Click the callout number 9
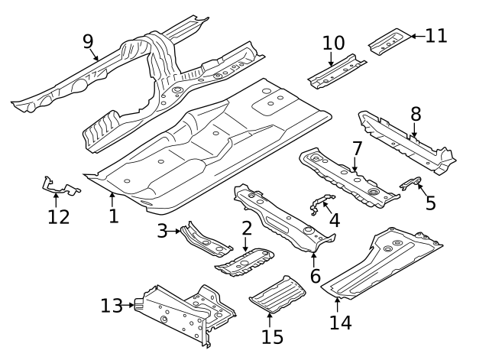point(89,41)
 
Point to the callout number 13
point(112,306)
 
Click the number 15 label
point(272,336)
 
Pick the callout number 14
point(340,323)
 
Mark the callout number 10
point(333,43)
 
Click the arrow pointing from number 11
point(413,35)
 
